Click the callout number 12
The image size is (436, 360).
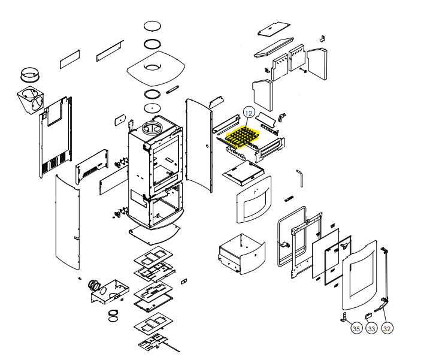(x=249, y=113)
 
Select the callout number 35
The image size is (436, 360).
(x=356, y=328)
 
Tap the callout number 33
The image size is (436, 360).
(x=371, y=328)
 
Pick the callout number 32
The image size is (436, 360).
(x=387, y=328)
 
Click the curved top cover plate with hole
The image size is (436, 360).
(x=154, y=69)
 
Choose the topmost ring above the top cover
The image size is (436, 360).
(x=153, y=27)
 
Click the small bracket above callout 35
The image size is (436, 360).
(x=345, y=316)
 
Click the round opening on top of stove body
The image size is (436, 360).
(x=154, y=127)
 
